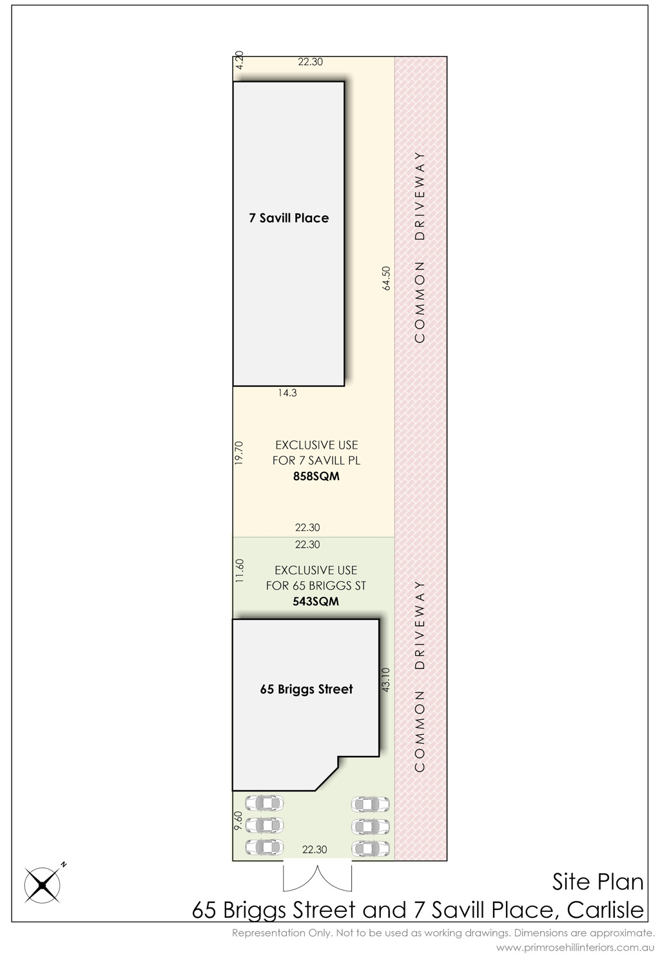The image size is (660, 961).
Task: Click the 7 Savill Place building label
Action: [289, 218]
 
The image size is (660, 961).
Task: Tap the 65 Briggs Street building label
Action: [306, 690]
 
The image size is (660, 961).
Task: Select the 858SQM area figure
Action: [316, 476]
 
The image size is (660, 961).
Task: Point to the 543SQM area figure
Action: [316, 601]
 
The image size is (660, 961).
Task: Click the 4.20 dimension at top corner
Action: [240, 60]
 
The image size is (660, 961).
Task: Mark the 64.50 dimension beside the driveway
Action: [386, 278]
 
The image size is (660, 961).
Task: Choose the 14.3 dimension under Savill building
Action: [287, 393]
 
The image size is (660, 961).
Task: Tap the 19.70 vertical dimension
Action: [239, 452]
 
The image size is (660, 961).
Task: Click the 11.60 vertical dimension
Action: [240, 570]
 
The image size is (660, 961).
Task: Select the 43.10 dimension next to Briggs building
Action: [386, 680]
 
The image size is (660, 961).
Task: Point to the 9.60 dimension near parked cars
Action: [238, 820]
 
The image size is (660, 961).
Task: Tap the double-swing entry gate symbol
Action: [317, 878]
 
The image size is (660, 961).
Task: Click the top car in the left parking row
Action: [264, 803]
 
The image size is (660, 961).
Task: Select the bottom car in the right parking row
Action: [371, 848]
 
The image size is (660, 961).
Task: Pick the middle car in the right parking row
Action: [371, 826]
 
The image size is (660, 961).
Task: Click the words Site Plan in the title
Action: [597, 882]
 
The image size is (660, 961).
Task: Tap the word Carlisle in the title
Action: [605, 910]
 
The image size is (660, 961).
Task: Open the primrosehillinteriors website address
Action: [576, 947]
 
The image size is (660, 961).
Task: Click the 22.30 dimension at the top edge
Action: [310, 62]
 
